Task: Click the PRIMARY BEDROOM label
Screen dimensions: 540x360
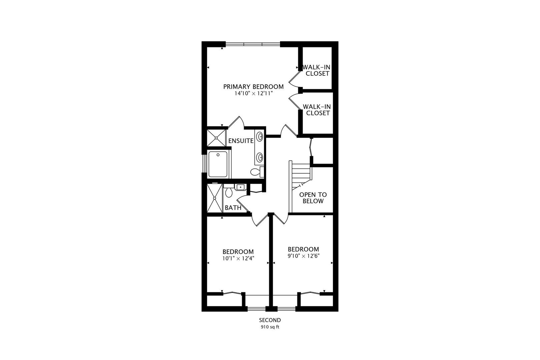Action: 253,87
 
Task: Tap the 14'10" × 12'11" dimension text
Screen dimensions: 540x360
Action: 254,93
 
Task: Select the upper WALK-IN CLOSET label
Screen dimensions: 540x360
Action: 317,70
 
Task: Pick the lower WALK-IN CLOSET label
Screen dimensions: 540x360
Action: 317,110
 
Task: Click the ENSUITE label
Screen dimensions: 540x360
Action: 241,141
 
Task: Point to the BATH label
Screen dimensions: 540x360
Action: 233,208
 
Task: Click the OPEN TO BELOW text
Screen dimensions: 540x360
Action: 313,198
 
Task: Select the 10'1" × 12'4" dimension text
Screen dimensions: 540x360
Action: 238,258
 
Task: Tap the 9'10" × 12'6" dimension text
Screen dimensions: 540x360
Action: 304,256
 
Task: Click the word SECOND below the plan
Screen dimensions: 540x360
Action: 270,320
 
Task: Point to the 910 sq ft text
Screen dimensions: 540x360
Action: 270,327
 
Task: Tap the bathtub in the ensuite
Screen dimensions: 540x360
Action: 218,164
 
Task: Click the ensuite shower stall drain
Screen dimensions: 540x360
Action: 216,138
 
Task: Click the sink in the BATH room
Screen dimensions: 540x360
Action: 240,187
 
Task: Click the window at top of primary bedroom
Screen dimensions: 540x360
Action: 253,44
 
